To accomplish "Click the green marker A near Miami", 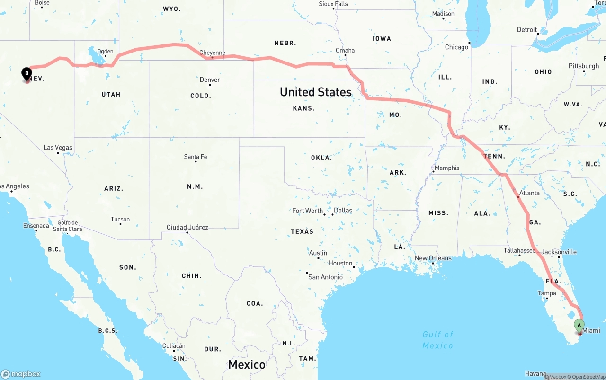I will coord(579,325).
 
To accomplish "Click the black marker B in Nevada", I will coord(27,73).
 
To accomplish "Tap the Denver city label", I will coord(210,80).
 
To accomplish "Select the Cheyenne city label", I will coord(212,53).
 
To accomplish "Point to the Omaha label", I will coord(345,50).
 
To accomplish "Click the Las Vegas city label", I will coord(58,148).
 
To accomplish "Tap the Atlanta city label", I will coord(529,193).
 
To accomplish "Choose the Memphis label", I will coord(447,168).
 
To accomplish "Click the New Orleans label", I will coord(433,258).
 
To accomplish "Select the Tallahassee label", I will coord(519,251).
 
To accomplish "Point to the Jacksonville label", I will coord(559,252).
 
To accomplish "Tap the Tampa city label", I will coord(547,293).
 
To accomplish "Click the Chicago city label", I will coord(456,47).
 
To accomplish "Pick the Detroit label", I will coord(527,30).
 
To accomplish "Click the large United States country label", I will coord(315,92).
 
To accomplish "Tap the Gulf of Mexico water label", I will coord(438,340).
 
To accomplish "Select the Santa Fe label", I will coord(196,157).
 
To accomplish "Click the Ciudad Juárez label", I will coord(187,228).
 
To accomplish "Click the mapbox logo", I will coord(21,374).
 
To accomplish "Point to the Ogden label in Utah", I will coord(105,52).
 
